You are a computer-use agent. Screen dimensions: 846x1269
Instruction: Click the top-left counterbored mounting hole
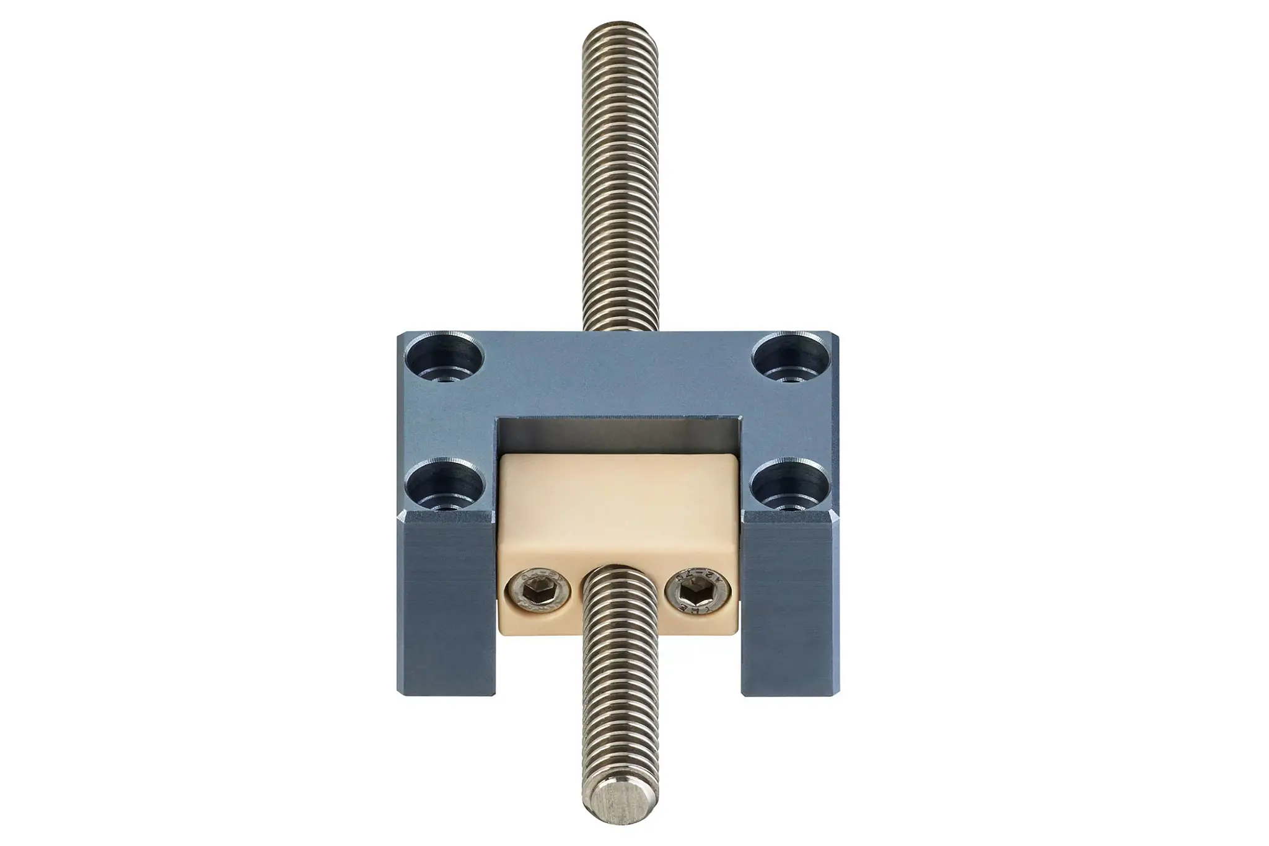point(446,359)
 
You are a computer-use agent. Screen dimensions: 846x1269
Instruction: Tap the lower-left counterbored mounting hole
point(446,486)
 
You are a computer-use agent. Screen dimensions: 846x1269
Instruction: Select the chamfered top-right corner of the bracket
point(836,337)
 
